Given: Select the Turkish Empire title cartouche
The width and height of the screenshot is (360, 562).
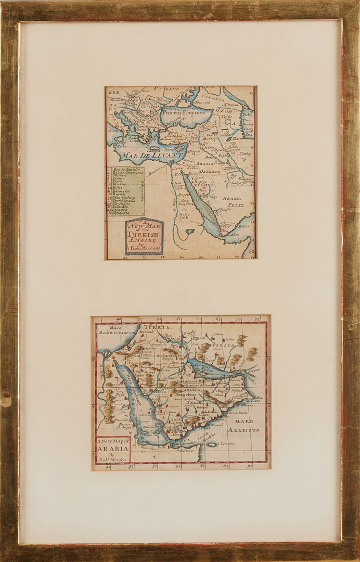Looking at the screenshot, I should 144,237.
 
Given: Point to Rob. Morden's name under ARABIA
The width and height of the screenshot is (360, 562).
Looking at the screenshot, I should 111,461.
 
